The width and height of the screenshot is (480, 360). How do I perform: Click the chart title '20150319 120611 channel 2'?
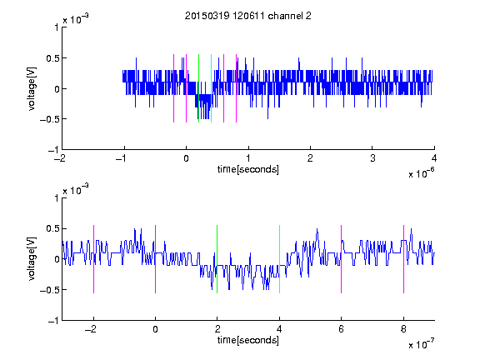[x=248, y=16]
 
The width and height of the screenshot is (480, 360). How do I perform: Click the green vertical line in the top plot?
[x=198, y=88]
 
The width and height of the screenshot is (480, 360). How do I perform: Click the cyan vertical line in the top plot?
[x=211, y=88]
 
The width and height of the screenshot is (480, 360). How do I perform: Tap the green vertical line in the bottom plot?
[x=217, y=259]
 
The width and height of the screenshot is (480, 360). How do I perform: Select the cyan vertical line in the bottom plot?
[x=279, y=259]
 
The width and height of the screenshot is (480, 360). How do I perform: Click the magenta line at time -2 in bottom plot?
[x=93, y=259]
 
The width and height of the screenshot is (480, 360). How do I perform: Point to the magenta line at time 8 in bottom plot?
[x=403, y=259]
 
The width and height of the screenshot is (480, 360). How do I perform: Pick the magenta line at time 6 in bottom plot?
[x=342, y=259]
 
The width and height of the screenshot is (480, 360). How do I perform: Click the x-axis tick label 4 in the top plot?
[x=434, y=158]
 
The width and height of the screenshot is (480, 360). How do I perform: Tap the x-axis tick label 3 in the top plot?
[x=372, y=158]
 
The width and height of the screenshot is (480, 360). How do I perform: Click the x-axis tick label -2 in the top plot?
[x=59, y=158]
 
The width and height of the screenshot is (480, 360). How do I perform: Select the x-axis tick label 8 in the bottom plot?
[x=403, y=329]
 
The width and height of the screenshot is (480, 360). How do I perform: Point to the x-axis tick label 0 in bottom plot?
[x=155, y=329]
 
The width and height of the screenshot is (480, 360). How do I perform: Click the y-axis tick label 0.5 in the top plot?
[x=52, y=58]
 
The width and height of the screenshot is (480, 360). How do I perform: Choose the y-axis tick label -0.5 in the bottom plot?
[x=49, y=290]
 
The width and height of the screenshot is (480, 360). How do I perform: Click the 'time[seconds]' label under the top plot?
[x=248, y=169]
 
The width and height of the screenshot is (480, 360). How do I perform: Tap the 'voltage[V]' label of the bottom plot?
[x=32, y=259]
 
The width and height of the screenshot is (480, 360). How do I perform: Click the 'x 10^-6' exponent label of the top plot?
[x=421, y=173]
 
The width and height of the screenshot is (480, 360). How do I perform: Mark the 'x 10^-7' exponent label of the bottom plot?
[x=421, y=344]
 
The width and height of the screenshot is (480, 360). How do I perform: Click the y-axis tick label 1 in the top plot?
[x=57, y=27]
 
